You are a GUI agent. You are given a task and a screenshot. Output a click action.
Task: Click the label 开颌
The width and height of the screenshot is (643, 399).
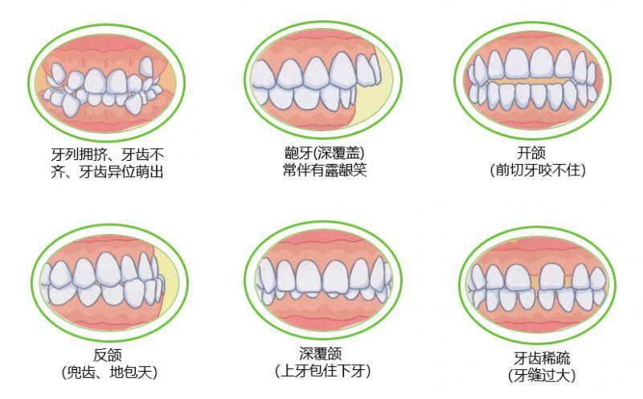pyautogui.click(x=531, y=153)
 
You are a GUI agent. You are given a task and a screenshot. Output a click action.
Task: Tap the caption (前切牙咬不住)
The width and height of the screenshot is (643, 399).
pyautogui.click(x=538, y=170)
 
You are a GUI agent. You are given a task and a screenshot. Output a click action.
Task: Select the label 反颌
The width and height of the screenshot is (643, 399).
pyautogui.click(x=108, y=356)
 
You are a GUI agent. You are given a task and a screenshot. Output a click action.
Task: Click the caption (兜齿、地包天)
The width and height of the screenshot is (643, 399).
pyautogui.click(x=109, y=372)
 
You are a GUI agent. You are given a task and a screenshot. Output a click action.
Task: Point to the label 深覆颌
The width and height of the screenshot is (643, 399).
pyautogui.click(x=320, y=354)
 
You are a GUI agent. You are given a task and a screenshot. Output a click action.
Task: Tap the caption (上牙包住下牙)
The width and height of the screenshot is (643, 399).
pyautogui.click(x=323, y=371)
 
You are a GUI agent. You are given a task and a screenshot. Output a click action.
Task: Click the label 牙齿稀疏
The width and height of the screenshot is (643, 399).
pyautogui.click(x=542, y=358)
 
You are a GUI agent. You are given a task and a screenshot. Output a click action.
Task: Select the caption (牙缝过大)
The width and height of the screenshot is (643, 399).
pyautogui.click(x=542, y=375)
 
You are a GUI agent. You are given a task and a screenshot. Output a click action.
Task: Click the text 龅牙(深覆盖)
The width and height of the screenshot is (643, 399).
pyautogui.click(x=325, y=153)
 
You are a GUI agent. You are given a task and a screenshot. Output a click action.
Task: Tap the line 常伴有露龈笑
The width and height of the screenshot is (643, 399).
pyautogui.click(x=325, y=170)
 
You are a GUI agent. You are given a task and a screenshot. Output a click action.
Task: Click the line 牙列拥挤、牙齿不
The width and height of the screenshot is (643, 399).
pyautogui.click(x=108, y=154)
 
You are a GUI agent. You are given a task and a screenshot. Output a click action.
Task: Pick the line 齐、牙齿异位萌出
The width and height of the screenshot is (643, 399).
pyautogui.click(x=107, y=171)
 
